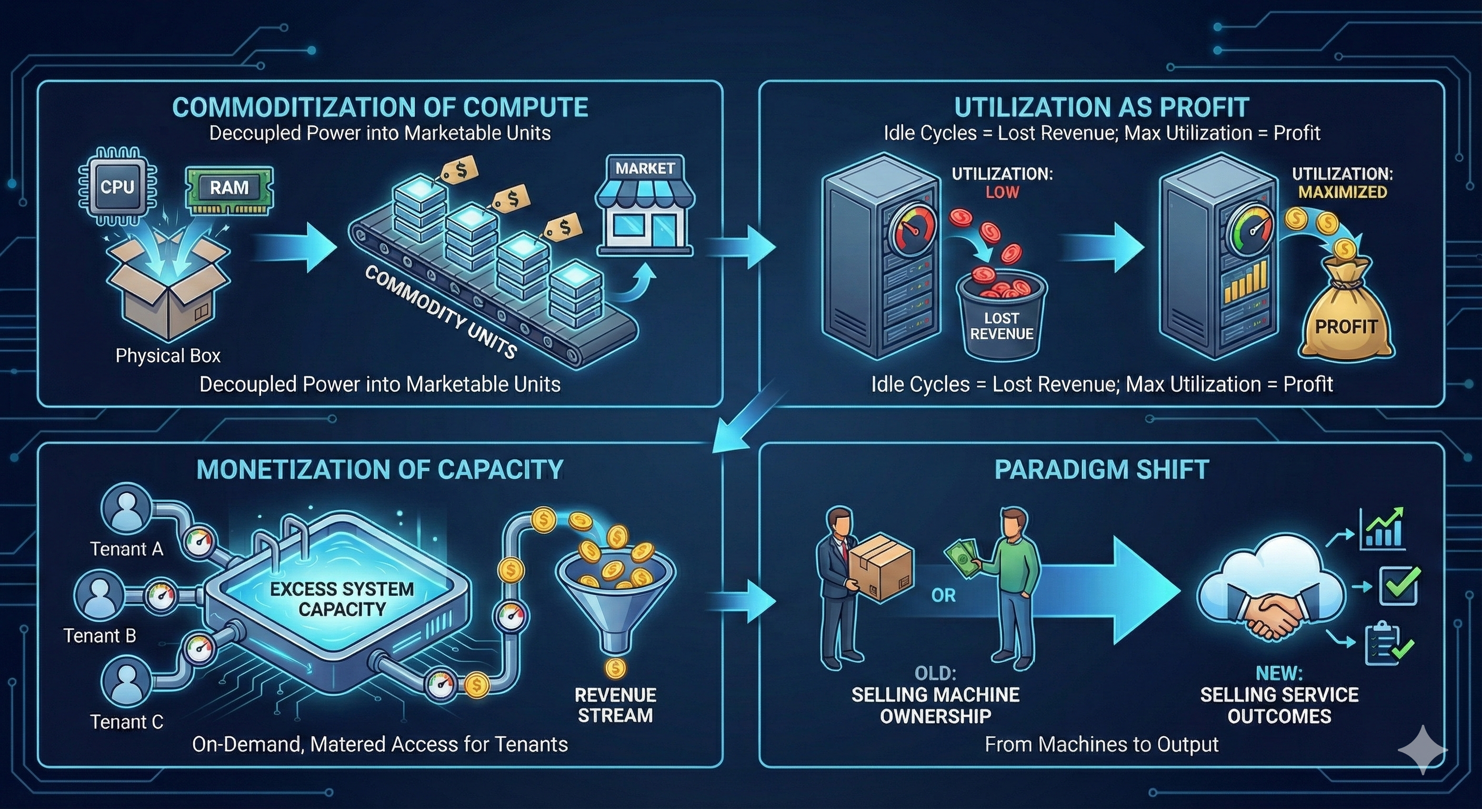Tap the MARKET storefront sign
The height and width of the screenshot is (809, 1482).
tap(645, 168)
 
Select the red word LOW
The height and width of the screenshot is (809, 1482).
tap(1002, 192)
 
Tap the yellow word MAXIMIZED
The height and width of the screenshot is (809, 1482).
tap(1343, 192)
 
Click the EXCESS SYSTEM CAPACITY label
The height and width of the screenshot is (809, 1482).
tap(342, 599)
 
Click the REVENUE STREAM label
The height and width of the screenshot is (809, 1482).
tap(615, 705)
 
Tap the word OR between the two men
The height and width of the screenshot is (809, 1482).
tap(944, 595)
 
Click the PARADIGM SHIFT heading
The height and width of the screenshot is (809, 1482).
tap(1101, 470)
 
